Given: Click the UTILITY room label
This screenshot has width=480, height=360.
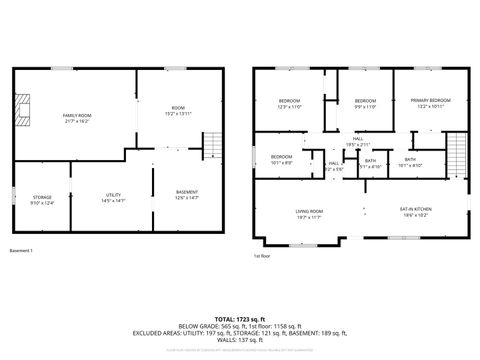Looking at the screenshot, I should point(112,198).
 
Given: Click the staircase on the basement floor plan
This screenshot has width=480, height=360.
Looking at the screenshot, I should point(211,148).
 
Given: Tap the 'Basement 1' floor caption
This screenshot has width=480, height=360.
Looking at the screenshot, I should point(22,250).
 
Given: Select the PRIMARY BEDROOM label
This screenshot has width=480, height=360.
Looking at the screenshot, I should point(430,100).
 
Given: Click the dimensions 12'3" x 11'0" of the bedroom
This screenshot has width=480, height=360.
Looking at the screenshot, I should point(289,106).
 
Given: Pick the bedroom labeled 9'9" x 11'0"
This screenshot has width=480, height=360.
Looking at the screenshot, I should point(366,106).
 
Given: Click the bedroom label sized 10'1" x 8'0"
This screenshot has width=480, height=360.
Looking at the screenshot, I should point(281,161).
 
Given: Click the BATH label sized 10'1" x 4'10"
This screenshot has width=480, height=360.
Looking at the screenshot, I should point(410,162).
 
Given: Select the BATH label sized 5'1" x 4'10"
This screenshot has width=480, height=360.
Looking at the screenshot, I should point(370,164).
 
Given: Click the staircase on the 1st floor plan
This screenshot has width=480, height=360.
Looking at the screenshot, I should point(455,152).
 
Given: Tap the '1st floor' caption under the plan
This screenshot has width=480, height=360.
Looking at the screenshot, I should point(263,256).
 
